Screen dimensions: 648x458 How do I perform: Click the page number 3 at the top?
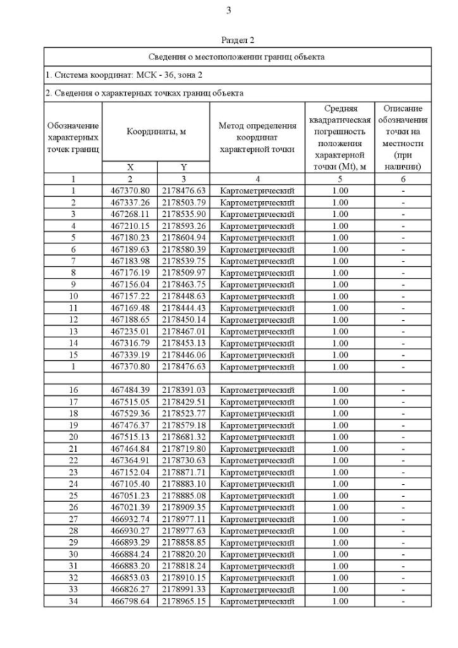(229, 10)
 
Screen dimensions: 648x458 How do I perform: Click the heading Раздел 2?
(238, 40)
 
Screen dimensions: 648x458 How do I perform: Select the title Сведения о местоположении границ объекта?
(238, 56)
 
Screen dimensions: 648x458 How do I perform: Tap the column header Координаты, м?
(156, 131)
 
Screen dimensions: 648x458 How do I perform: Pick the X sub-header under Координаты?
(130, 167)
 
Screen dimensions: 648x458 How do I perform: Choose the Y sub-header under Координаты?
(183, 167)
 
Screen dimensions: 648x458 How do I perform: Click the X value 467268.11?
(130, 214)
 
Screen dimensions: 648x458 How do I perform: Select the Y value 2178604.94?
(183, 238)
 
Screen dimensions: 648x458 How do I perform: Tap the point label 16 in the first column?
(73, 390)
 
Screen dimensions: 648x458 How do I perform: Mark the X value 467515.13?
(130, 437)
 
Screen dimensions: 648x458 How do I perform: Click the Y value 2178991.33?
(183, 590)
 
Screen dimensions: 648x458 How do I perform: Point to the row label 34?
(73, 601)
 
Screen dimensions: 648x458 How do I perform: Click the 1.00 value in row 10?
(340, 296)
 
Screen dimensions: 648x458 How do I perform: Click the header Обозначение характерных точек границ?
(73, 137)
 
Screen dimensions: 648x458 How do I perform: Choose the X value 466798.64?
(130, 601)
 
